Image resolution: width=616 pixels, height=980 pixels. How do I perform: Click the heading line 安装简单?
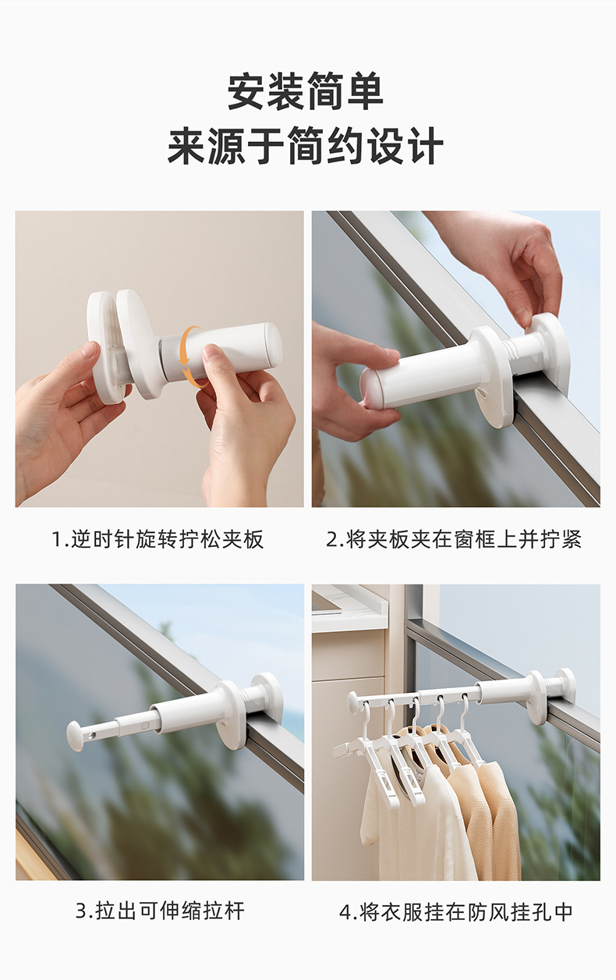(306, 92)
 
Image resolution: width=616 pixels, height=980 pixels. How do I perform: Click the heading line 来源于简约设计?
(306, 147)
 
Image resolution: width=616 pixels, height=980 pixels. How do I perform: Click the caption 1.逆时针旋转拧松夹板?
(158, 539)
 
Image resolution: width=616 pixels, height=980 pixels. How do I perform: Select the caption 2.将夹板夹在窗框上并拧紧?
(454, 539)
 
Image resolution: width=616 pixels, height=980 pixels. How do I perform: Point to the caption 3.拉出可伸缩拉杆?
(160, 911)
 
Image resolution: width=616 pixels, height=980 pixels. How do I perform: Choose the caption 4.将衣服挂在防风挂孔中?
(456, 911)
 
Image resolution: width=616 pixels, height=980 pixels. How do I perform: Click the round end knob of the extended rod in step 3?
(75, 735)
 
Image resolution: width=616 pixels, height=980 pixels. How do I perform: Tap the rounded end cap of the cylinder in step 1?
(273, 346)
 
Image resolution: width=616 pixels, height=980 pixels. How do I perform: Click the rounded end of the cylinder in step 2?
(372, 388)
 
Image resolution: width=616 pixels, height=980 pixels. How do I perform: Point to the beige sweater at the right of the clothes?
(499, 819)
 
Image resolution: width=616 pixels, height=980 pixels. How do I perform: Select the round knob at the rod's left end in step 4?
(353, 701)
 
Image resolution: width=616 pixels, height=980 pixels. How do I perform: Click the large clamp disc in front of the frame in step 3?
(230, 715)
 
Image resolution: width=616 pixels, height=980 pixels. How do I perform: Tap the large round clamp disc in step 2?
(493, 377)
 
